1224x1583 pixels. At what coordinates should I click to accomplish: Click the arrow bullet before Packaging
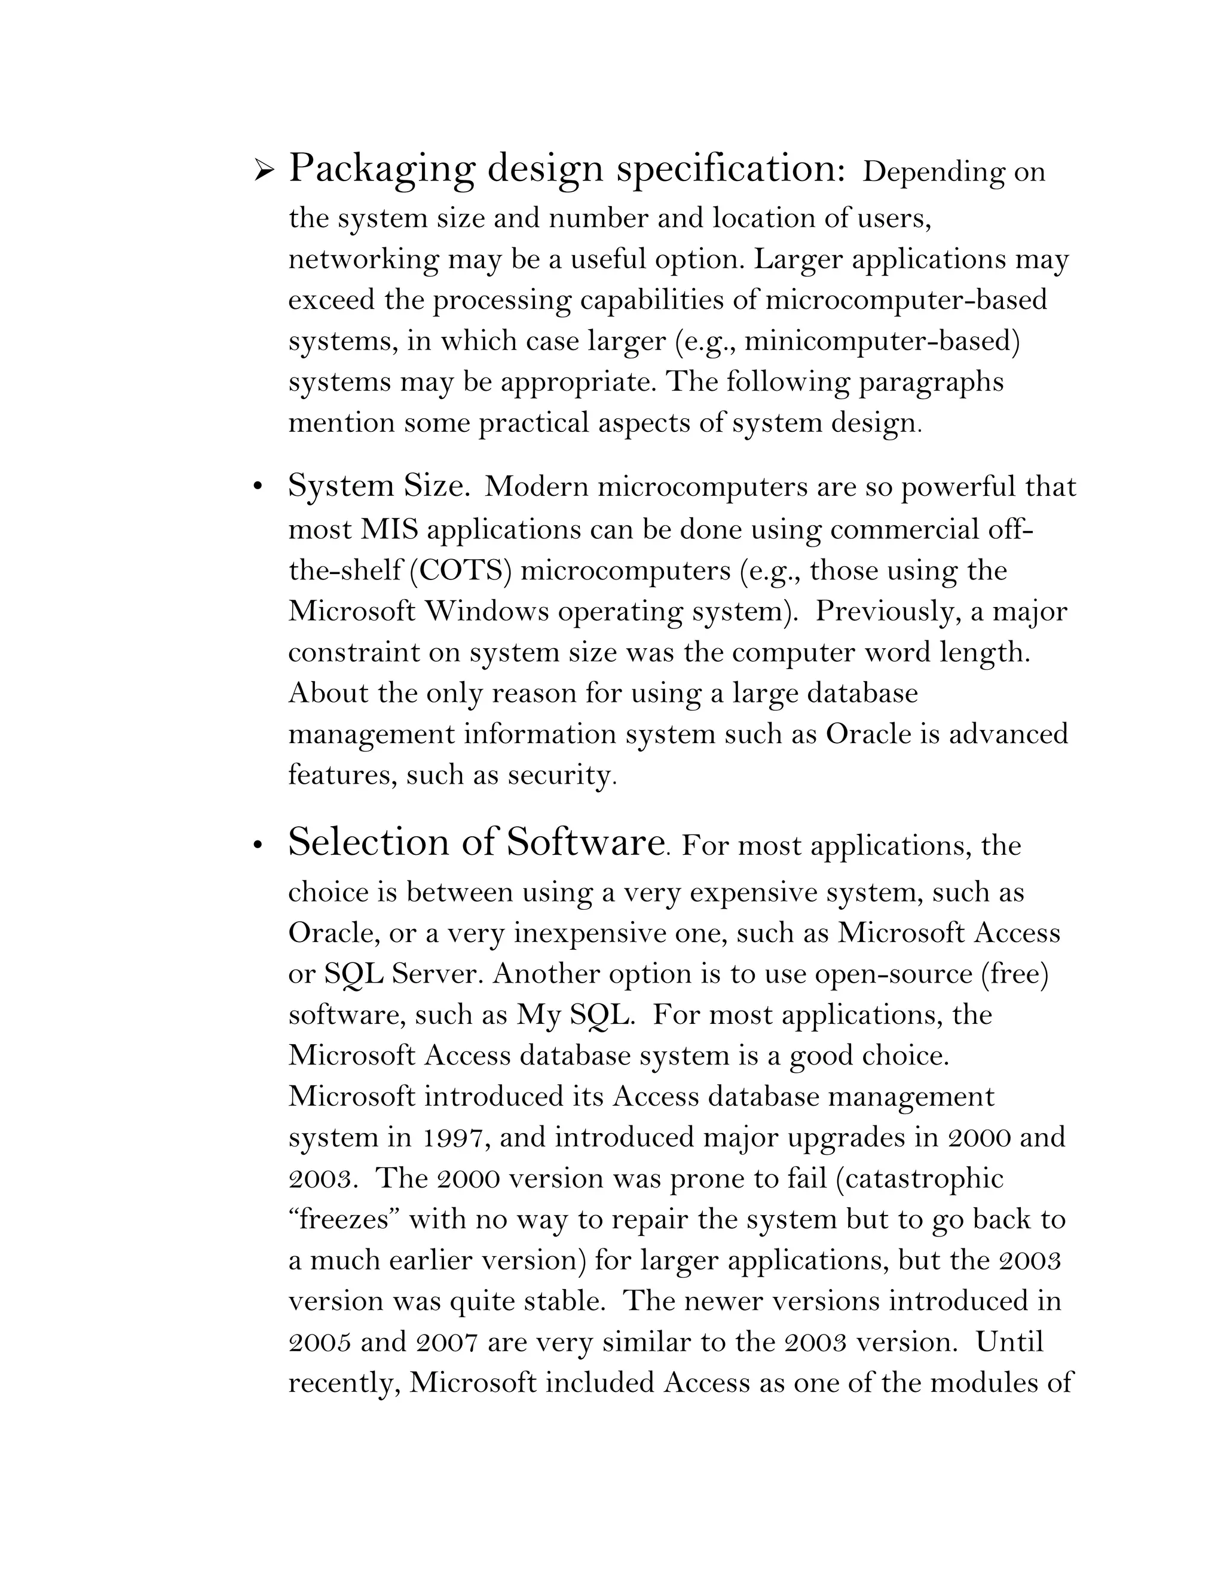pyautogui.click(x=264, y=172)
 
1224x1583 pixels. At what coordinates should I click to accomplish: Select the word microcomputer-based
pyautogui.click(x=907, y=300)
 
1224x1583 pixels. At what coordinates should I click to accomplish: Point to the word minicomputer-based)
pyautogui.click(x=882, y=340)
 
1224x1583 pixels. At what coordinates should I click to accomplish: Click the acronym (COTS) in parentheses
pyautogui.click(x=461, y=571)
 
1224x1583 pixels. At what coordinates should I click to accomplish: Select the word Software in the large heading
pyautogui.click(x=585, y=843)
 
